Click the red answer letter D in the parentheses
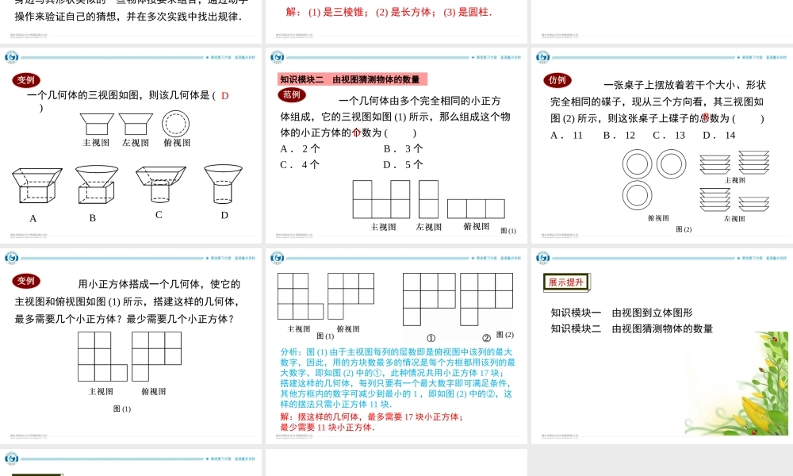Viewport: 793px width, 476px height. click(224, 96)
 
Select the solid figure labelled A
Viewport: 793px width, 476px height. click(36, 186)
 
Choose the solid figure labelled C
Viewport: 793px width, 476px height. click(160, 184)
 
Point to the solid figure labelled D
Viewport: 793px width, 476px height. click(223, 183)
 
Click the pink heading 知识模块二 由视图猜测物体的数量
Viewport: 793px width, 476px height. click(353, 79)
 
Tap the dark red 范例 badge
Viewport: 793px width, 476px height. click(293, 94)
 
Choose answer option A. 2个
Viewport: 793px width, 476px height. click(300, 148)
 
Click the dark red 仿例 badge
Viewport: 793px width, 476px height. click(557, 80)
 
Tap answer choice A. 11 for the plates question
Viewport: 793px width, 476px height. click(566, 135)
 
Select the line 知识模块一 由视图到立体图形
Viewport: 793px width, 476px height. click(622, 313)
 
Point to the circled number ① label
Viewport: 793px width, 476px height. click(431, 336)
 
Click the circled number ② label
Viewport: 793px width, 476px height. click(486, 336)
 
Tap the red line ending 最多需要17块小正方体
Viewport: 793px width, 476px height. click(372, 416)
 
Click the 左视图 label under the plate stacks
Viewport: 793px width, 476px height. click(734, 218)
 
